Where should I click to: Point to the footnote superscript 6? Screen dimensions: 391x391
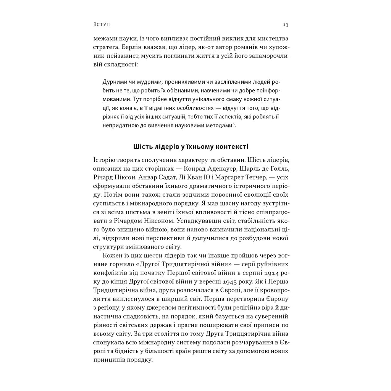click(x=234, y=124)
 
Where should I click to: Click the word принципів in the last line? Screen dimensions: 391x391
click(x=108, y=360)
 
